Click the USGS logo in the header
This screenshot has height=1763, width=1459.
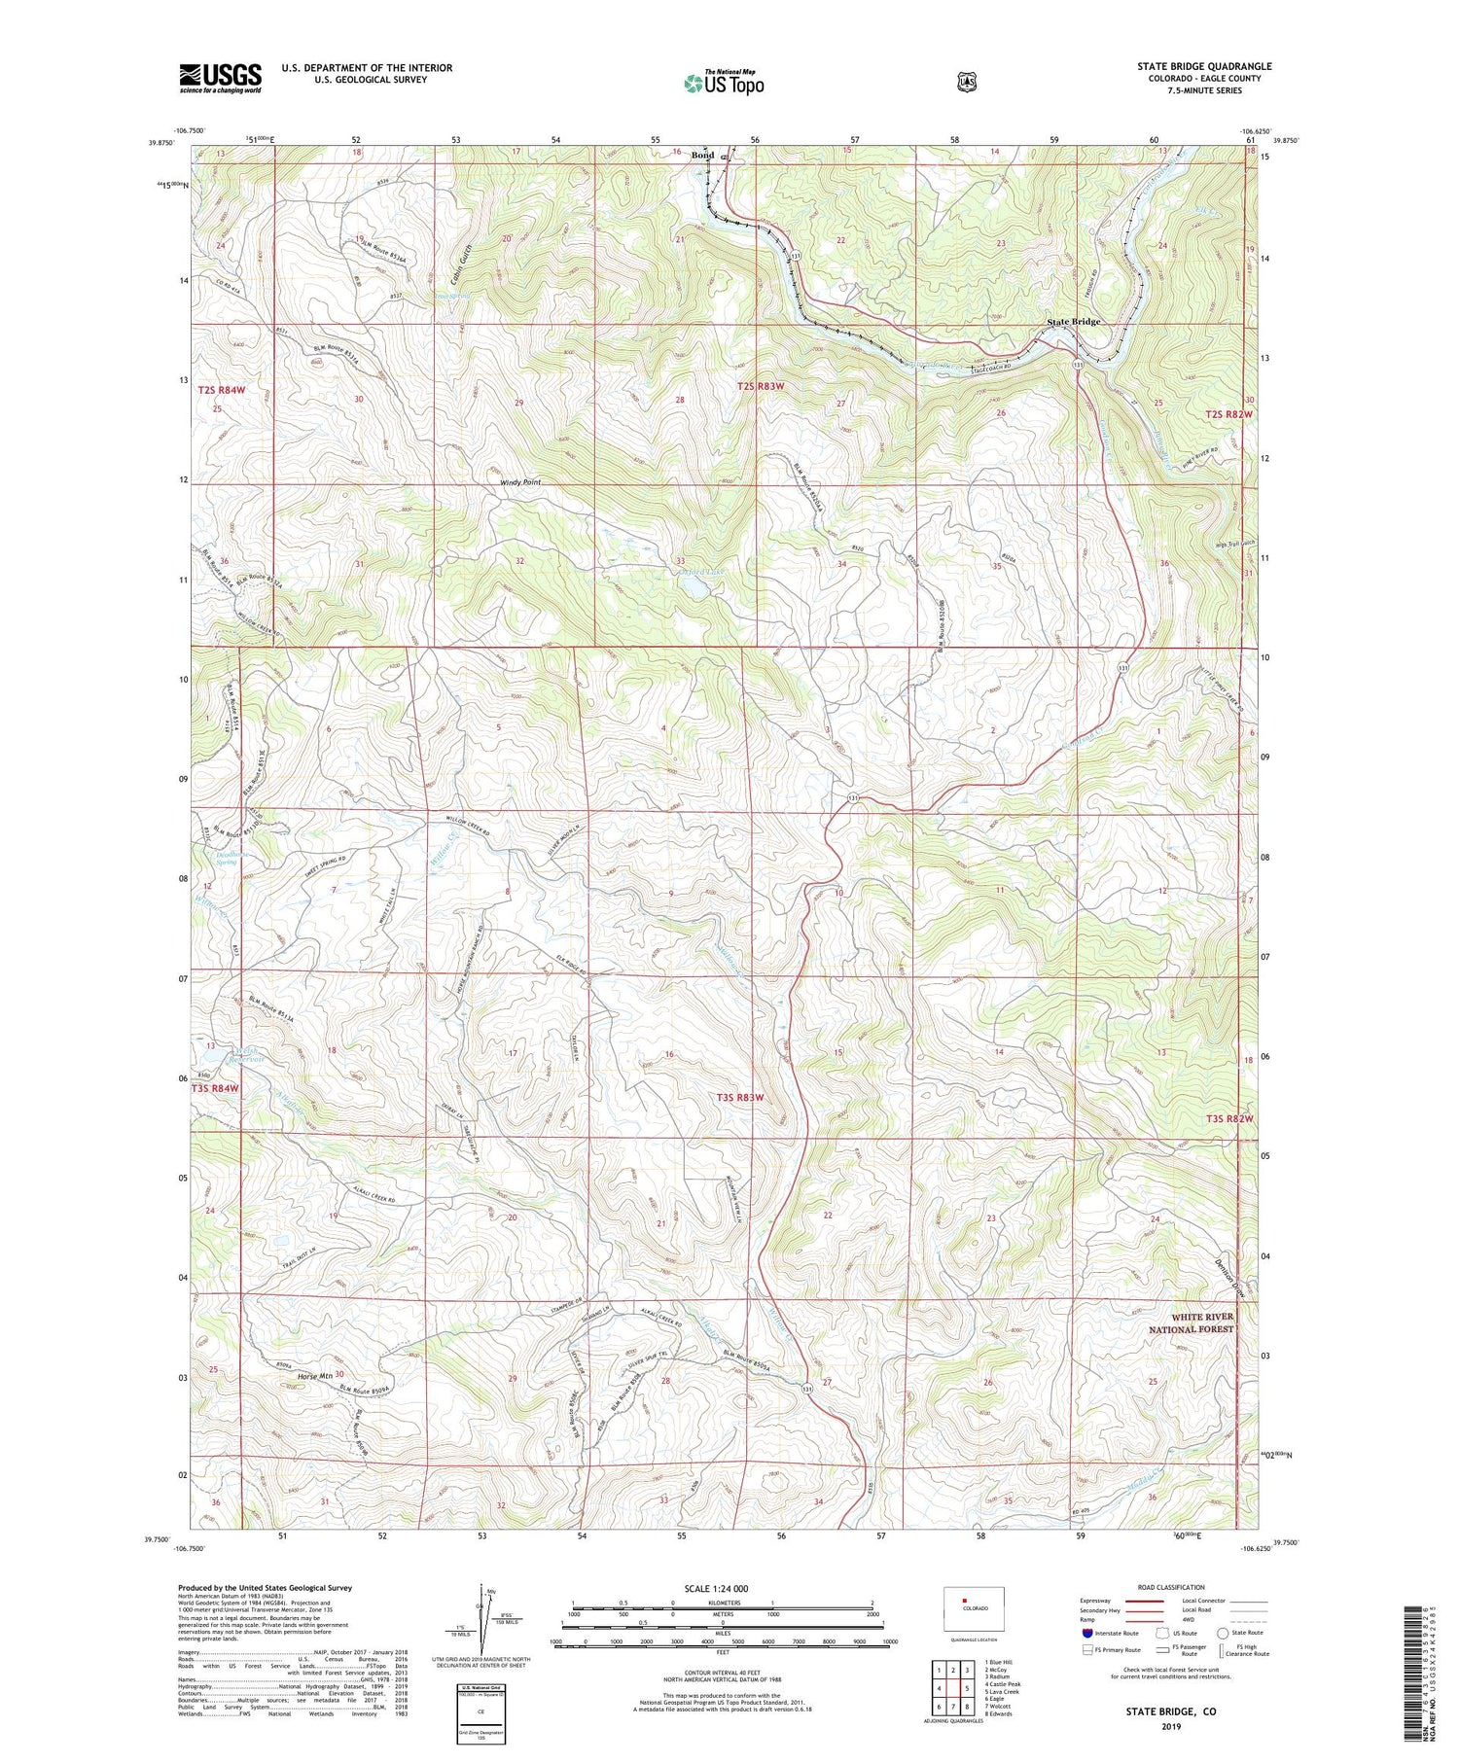click(x=220, y=78)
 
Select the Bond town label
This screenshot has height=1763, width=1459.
click(x=702, y=156)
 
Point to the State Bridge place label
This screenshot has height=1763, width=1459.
click(x=1073, y=322)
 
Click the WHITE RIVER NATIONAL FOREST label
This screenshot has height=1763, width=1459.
click(x=1191, y=1322)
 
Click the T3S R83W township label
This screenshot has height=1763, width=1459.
click(x=740, y=1097)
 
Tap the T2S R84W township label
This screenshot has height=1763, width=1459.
click(x=221, y=390)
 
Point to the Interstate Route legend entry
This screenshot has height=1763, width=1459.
click(x=1111, y=1633)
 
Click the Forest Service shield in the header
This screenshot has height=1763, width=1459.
click(x=966, y=83)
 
